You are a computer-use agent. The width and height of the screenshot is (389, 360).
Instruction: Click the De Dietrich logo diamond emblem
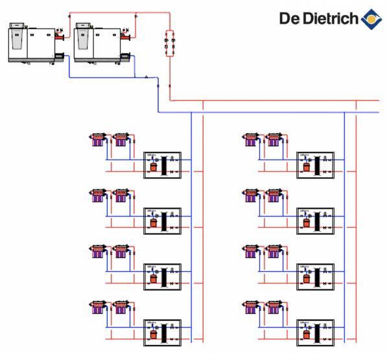(371, 19)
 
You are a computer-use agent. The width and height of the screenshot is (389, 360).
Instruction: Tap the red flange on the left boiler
(59, 37)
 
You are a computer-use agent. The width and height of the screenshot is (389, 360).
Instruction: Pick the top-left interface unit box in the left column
(161, 163)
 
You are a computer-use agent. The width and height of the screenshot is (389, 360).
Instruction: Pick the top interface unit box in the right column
(315, 163)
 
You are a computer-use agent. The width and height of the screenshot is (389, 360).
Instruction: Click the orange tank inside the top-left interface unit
(154, 167)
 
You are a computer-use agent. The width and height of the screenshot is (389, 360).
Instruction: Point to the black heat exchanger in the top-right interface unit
(319, 165)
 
